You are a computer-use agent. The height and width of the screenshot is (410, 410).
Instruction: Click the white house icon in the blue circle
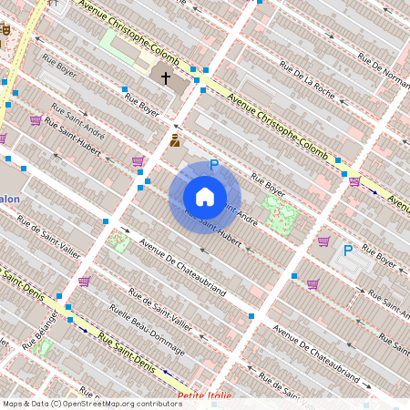(205, 197)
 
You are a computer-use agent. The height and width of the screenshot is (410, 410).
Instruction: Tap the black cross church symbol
(166, 78)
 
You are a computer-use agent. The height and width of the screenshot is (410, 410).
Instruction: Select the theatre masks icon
(5, 30)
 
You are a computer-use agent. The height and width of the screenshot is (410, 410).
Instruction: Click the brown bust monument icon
(174, 141)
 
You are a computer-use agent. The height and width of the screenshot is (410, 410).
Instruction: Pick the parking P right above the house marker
(214, 165)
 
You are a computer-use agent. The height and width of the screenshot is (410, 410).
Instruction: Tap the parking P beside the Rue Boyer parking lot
(347, 251)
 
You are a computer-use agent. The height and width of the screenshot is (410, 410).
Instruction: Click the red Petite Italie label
(205, 396)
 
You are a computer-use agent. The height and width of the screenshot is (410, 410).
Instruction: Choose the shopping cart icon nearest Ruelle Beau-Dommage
(84, 282)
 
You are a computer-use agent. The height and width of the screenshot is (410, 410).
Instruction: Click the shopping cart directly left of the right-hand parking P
(323, 241)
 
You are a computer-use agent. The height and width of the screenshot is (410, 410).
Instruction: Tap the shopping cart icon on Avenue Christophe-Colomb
(354, 181)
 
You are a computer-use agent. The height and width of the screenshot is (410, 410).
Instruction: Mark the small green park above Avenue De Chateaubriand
(118, 242)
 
